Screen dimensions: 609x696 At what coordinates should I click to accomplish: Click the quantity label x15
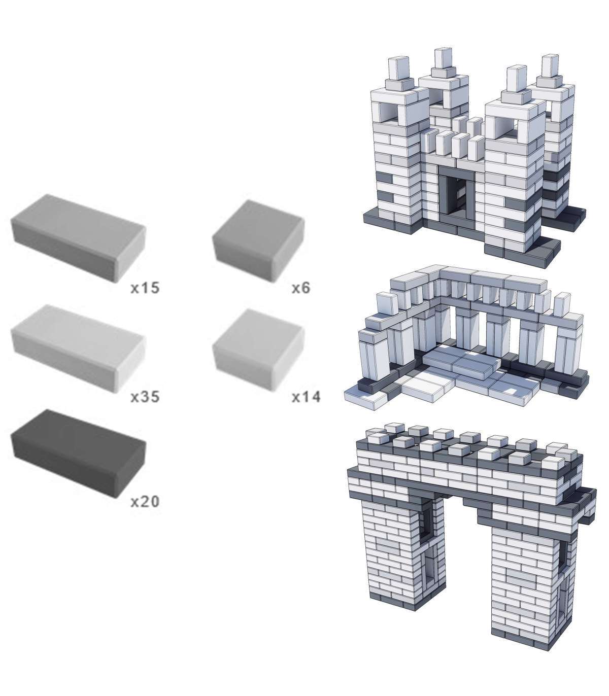pos(145,288)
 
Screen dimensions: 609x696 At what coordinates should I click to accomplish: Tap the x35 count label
pos(145,397)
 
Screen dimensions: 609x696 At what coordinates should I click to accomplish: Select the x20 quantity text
pos(145,502)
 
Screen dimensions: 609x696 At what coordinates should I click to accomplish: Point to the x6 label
pos(301,288)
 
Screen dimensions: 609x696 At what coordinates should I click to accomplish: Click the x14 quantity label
pos(306,397)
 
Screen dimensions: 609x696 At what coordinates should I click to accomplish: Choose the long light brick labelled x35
pos(79,349)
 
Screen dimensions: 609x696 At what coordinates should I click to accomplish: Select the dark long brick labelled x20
pos(79,454)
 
